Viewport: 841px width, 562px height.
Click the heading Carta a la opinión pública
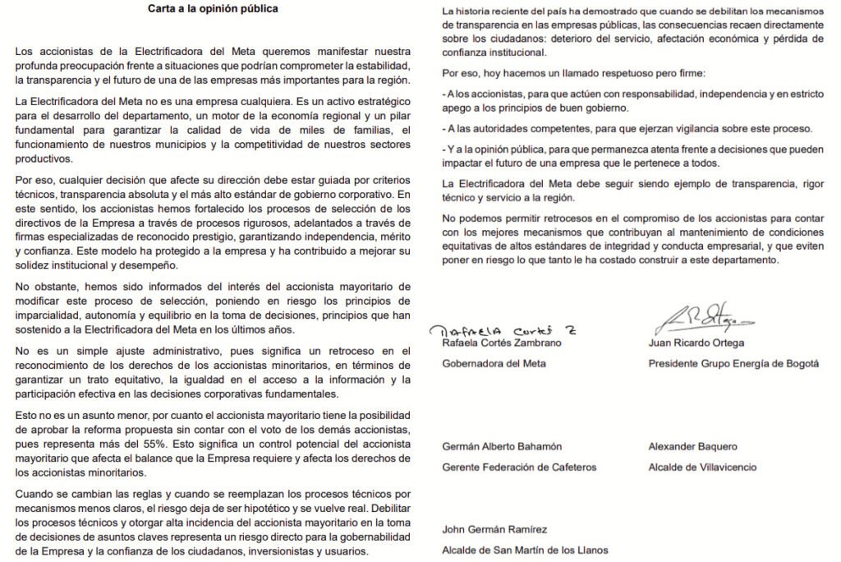point(213,10)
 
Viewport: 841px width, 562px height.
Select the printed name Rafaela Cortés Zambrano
point(503,343)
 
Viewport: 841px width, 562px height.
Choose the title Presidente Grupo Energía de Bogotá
point(733,363)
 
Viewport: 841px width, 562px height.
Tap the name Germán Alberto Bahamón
point(502,447)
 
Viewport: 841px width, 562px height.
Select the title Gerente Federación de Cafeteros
point(519,468)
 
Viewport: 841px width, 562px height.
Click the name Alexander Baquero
point(692,447)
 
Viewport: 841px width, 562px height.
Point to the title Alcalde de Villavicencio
point(702,468)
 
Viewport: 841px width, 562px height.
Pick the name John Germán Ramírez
point(494,530)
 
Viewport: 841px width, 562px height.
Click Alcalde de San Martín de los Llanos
point(525,550)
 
